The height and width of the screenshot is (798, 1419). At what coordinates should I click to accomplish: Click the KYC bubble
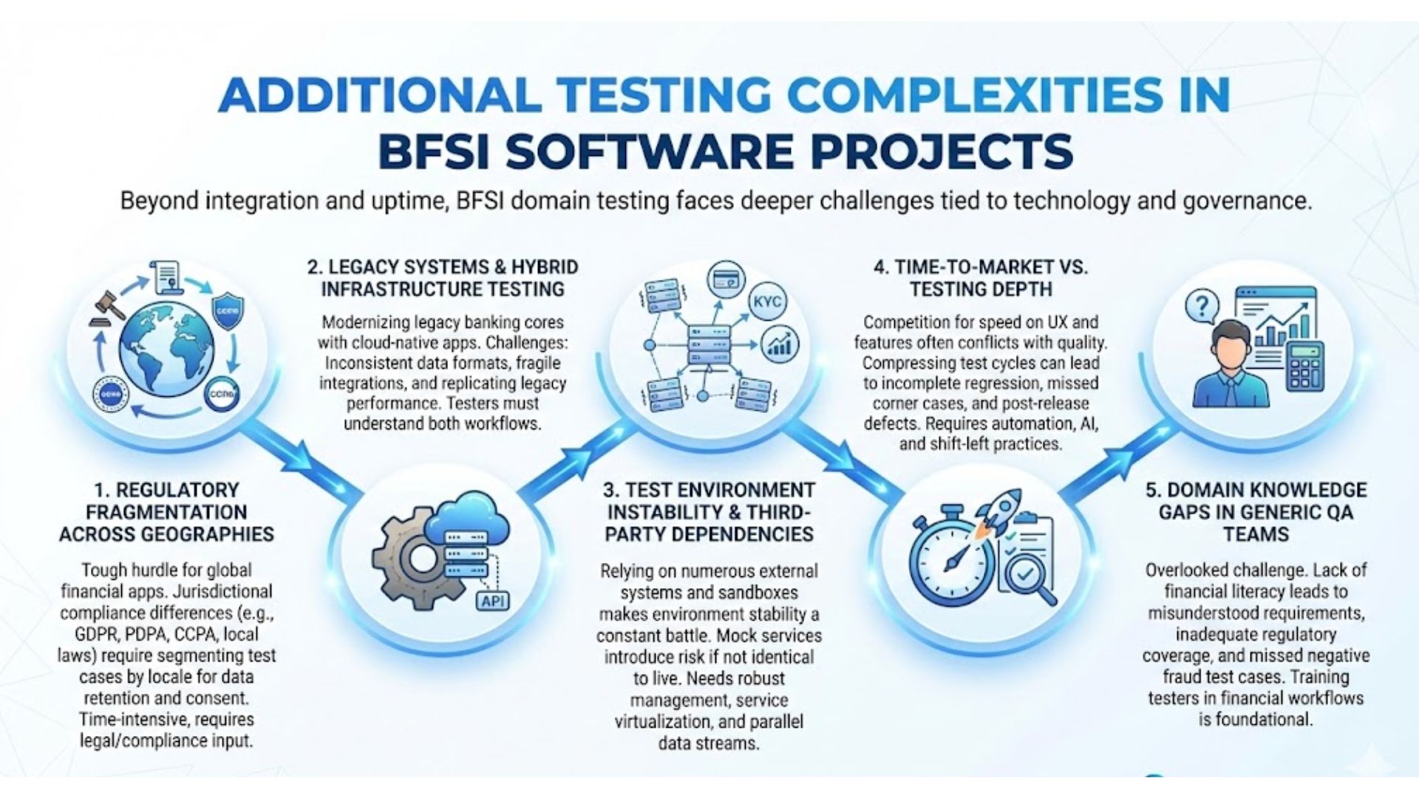coord(768,301)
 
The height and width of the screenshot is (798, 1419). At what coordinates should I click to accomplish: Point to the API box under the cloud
coord(492,601)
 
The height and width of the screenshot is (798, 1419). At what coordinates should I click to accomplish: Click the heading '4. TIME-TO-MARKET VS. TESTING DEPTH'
coord(980,278)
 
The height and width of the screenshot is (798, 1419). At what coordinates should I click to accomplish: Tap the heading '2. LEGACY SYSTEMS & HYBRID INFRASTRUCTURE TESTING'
coord(443,278)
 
